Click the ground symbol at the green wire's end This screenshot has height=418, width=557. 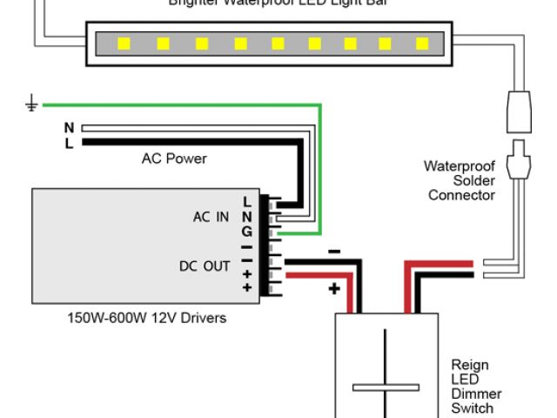(31, 106)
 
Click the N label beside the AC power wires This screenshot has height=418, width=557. (69, 128)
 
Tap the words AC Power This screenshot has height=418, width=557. (174, 159)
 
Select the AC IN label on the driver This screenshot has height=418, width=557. (211, 217)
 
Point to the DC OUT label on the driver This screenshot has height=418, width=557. (205, 266)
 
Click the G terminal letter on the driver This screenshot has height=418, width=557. (247, 232)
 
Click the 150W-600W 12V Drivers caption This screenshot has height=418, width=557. (147, 318)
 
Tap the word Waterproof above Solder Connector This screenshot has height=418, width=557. (460, 165)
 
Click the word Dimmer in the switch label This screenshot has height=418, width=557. (476, 394)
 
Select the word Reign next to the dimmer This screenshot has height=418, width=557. (470, 365)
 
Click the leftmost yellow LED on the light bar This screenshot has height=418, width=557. (124, 42)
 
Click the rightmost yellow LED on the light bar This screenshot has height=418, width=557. (423, 42)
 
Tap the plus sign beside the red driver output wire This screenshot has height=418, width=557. (334, 288)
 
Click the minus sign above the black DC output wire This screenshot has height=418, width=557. (334, 253)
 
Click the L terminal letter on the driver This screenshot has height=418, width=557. (247, 202)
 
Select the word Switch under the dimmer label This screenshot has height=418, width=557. (473, 408)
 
